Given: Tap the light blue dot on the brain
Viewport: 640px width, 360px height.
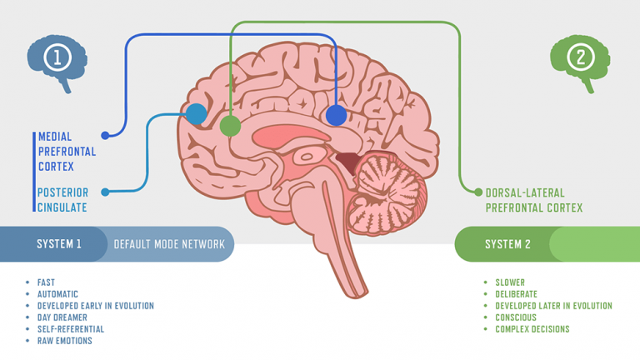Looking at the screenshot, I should (x=196, y=114).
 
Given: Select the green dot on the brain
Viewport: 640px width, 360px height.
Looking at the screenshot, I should (x=230, y=127).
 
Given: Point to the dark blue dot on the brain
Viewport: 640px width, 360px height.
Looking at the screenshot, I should (x=336, y=115).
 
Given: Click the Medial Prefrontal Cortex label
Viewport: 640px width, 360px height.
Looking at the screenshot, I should (x=67, y=151).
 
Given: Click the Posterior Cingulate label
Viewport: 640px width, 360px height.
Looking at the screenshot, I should (x=62, y=199).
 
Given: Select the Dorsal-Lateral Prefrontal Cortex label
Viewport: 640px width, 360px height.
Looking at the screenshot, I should (x=534, y=199).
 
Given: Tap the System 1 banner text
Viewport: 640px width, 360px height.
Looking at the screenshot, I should (x=59, y=244).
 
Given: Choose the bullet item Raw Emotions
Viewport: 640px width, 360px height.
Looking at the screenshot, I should (x=65, y=341).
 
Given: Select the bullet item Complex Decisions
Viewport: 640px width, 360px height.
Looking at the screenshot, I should (x=532, y=329).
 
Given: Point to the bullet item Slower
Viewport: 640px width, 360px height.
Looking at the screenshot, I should (x=510, y=282).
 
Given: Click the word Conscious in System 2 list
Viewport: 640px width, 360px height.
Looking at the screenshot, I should (x=515, y=317).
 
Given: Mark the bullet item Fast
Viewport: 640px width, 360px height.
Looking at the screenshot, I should (x=46, y=282).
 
